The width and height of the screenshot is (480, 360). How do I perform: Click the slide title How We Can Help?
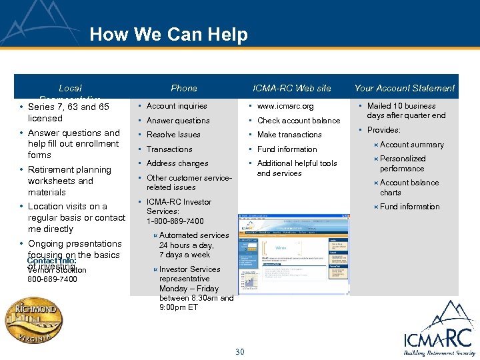pos(168,35)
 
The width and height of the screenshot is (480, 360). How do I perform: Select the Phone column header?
pos(183,88)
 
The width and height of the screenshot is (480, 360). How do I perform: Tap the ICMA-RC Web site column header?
pos(291,88)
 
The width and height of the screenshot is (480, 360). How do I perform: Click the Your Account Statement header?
pos(404,88)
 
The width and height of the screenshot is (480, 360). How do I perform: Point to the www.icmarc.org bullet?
pos(285,106)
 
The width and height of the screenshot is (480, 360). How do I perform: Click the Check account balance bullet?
pos(298,121)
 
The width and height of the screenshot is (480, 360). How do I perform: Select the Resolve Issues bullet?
pos(173,135)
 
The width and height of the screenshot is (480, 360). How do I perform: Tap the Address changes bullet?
pos(177,163)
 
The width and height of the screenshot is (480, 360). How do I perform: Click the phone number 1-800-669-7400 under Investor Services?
pos(175,221)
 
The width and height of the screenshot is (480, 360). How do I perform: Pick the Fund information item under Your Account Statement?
pos(409,207)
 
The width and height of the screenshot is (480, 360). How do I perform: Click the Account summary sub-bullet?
pos(411,145)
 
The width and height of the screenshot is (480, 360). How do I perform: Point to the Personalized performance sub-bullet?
pos(403,164)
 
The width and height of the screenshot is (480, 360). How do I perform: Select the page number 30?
pos(240,352)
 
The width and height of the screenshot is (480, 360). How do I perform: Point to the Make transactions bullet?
pos(289,135)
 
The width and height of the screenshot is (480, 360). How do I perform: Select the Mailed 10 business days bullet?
pos(405,111)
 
